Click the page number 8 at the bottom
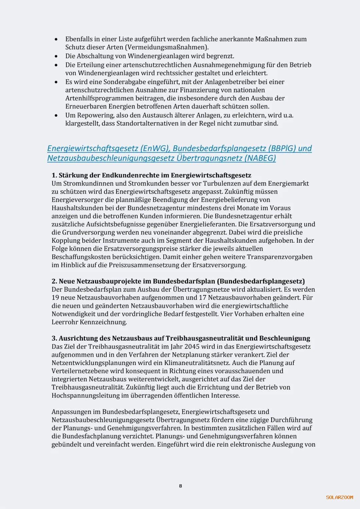pos(181,486)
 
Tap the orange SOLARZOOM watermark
pos(339,497)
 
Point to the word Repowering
pos(95,115)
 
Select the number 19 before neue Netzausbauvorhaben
pos(55,298)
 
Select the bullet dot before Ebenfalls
pos(56,39)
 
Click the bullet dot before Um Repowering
pos(56,116)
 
